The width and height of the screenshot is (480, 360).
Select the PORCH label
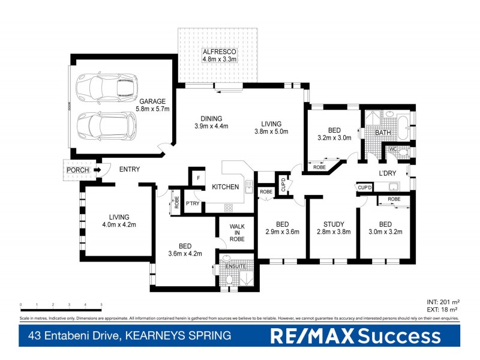click(x=78, y=170)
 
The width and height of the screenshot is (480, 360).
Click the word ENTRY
click(x=129, y=170)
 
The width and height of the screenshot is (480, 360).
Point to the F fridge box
click(x=197, y=178)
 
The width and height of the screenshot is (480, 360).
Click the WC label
click(x=394, y=149)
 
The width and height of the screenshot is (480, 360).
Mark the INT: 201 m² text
click(x=443, y=303)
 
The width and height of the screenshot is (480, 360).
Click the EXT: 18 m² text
click(x=443, y=310)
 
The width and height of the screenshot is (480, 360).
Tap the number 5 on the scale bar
click(x=101, y=305)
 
